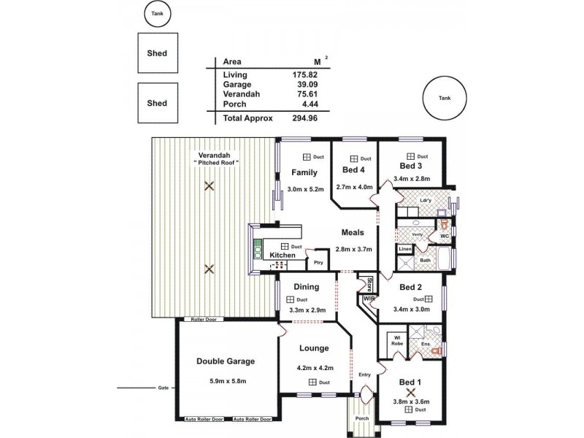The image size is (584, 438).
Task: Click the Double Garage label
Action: (226, 361)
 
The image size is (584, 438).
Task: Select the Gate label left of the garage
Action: (163, 388)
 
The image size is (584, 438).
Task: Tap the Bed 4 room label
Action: (353, 170)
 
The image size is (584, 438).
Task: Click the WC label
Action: (444, 237)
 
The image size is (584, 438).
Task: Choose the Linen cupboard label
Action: (405, 250)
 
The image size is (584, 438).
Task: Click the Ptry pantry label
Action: (318, 262)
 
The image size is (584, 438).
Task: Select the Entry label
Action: (365, 374)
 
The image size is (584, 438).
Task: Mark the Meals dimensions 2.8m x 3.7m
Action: (353, 249)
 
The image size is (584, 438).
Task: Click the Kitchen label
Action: (283, 255)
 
